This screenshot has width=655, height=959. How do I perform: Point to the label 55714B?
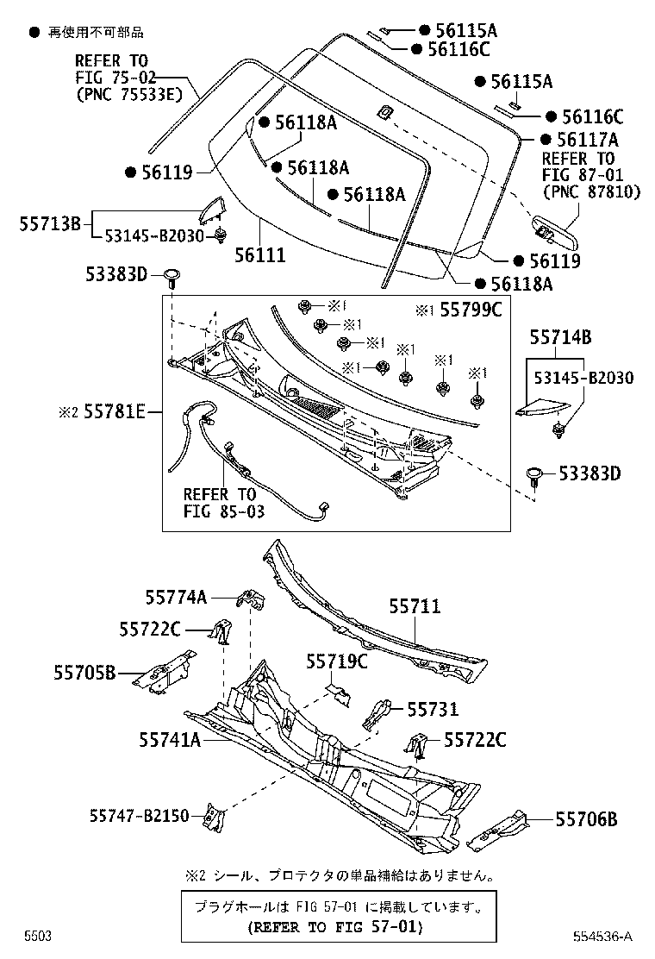pos(560,338)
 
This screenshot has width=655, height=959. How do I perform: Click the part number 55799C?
pos(471,310)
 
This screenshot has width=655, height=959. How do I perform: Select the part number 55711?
pos(414,607)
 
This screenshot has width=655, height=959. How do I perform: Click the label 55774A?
pos(176,596)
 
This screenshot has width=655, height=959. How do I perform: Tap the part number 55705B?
pos(83,673)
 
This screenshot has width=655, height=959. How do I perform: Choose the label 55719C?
pos(337,661)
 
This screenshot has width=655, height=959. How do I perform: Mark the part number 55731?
pos(433,709)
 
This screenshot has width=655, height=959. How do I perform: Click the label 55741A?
pos(170,739)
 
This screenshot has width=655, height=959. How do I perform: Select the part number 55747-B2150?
pos(139,815)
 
